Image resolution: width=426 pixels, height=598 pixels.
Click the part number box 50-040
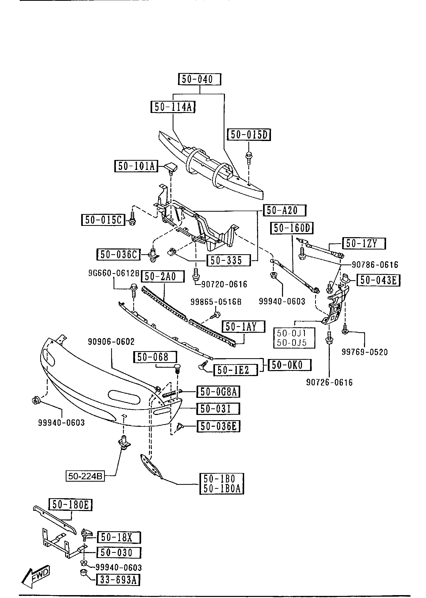199,79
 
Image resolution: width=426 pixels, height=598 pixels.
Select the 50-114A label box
173,107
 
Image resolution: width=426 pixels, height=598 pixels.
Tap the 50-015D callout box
249,135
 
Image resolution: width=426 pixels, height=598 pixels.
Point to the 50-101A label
136,166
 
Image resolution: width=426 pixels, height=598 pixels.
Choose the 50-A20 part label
285,210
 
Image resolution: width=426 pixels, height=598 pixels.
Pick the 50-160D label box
292,228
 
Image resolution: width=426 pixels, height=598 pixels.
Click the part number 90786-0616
375,264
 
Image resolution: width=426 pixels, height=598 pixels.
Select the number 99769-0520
365,352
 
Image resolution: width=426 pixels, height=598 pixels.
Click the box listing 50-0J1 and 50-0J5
294,338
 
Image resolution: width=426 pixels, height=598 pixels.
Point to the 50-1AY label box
243,327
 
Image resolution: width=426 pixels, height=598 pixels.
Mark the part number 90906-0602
111,342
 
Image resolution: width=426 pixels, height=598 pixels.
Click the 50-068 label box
155,357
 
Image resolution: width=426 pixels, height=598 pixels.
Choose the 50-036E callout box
219,426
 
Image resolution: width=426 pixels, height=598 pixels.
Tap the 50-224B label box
85,476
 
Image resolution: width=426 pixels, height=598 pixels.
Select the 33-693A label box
118,580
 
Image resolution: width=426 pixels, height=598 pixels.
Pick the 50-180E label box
70,505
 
